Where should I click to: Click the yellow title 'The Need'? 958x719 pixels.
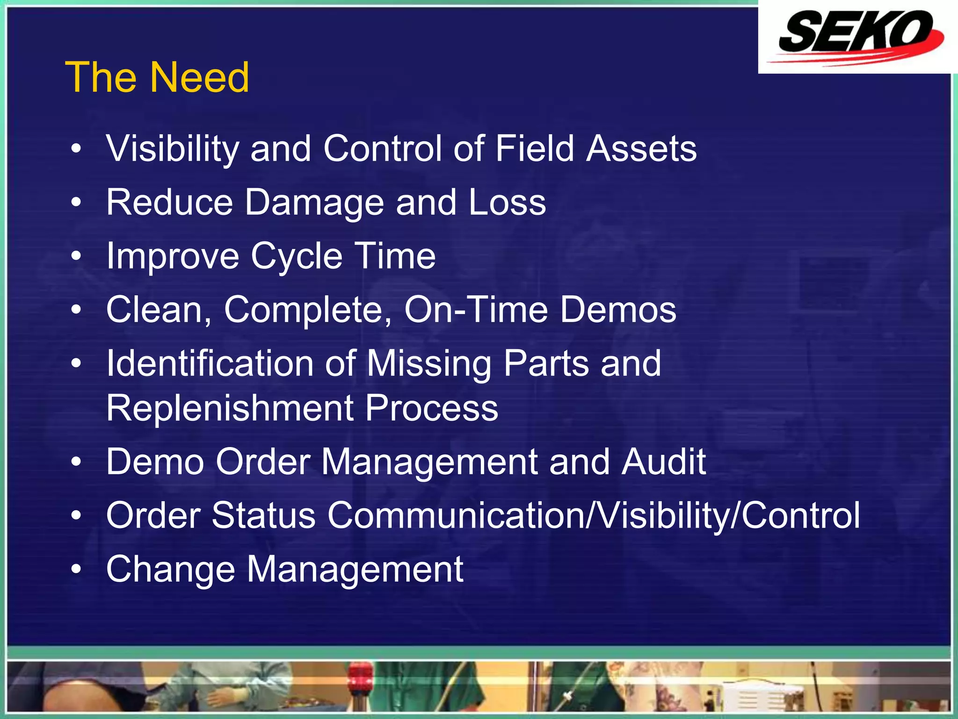click(x=157, y=77)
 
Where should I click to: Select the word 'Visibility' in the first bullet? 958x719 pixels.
click(x=172, y=149)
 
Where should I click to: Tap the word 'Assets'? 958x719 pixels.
click(x=641, y=149)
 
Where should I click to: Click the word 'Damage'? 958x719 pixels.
click(x=314, y=203)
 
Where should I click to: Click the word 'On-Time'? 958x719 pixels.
click(x=476, y=310)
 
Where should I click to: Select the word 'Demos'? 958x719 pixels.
click(x=618, y=310)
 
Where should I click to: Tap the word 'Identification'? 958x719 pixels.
click(x=210, y=364)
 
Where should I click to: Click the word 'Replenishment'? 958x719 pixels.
click(x=230, y=408)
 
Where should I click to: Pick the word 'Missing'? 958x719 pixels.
click(x=428, y=364)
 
